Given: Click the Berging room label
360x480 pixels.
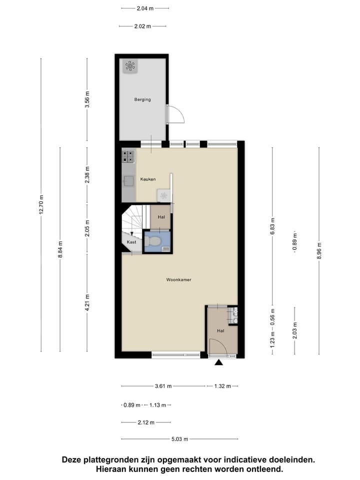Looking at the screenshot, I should [x=142, y=99].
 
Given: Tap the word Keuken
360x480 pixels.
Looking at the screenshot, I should [x=148, y=179].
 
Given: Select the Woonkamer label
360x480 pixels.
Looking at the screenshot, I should [x=179, y=280].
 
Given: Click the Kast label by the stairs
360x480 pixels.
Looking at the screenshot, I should [x=131, y=242].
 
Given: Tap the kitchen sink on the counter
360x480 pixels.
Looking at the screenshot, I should [x=128, y=180].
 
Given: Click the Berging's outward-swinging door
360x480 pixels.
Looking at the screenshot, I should [x=175, y=114].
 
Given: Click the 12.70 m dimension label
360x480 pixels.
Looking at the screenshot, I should [x=41, y=204].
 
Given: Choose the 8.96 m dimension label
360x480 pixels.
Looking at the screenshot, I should [x=319, y=250].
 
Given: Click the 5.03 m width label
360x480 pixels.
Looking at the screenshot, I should [x=179, y=439].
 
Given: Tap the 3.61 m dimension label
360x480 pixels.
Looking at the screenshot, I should [x=163, y=386].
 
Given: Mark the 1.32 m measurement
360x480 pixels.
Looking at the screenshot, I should [x=221, y=386].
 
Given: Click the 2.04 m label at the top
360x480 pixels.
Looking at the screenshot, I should [x=145, y=8].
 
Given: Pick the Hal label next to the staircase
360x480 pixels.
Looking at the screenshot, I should [x=161, y=217].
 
